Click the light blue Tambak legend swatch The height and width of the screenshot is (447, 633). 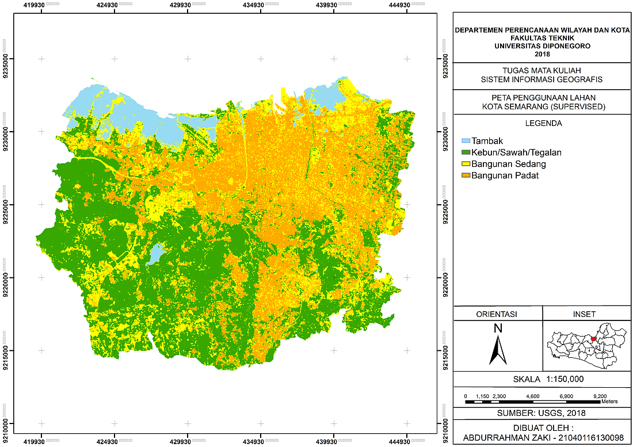coord(467,141)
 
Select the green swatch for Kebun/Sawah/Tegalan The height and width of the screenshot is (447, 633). coord(467,152)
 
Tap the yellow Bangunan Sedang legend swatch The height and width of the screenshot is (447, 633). coord(467,164)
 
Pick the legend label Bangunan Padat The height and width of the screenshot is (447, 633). coord(505,175)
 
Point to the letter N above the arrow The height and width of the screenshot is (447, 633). coord(498,328)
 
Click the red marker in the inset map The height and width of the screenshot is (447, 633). coord(594,339)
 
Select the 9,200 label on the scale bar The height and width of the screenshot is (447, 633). coord(600,396)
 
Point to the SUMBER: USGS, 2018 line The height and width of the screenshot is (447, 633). coord(543,414)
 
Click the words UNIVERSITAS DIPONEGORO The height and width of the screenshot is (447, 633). coord(542,46)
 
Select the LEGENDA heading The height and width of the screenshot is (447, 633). coord(543,123)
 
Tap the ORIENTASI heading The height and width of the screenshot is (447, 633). coord(498,314)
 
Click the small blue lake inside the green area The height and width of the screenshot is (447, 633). coord(155,254)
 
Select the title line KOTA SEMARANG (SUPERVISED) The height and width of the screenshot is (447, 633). coord(543,106)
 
